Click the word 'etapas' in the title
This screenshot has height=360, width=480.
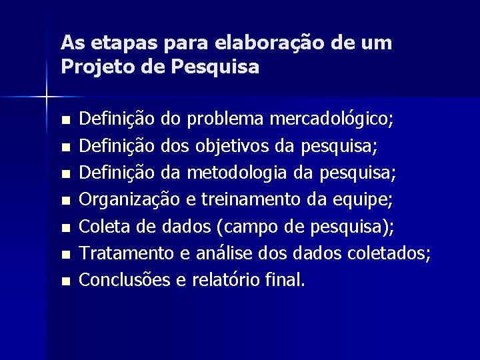[113, 43]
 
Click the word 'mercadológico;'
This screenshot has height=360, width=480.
[332, 120]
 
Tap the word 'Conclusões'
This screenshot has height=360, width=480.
[125, 280]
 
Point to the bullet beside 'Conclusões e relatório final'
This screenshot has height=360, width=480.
[64, 282]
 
